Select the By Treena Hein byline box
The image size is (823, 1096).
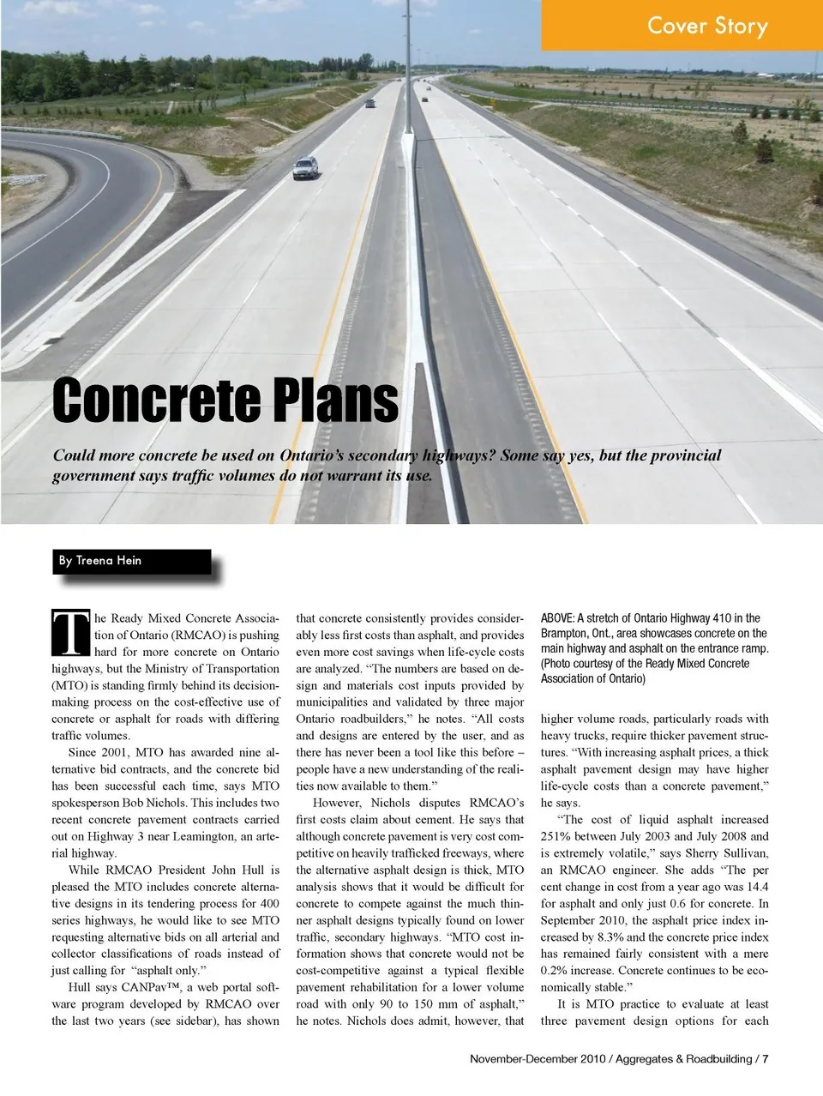coord(133,561)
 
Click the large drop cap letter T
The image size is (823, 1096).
coord(70,633)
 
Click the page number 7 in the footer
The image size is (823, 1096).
coord(765,1058)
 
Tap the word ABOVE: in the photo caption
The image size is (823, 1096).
coord(557,617)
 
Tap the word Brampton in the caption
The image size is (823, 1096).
coord(563,633)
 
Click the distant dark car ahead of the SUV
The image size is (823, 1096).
coord(370,103)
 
